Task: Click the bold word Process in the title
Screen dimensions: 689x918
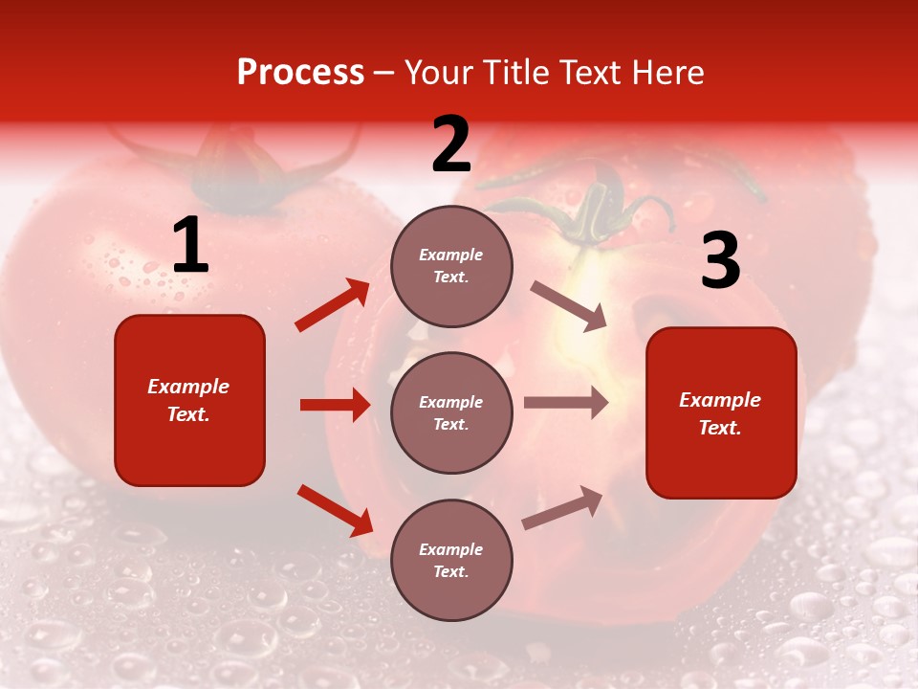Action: coord(300,73)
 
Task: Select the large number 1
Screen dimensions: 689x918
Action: coord(190,246)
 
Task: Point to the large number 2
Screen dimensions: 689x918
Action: coord(451,145)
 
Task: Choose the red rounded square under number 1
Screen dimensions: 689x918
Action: coord(189,400)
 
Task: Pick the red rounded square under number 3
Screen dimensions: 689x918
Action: coord(721,412)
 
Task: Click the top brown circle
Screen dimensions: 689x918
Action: coord(451,265)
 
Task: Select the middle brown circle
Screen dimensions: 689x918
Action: coord(451,412)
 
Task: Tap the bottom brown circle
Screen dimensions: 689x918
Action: coord(451,560)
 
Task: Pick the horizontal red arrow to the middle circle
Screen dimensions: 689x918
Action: coord(336,405)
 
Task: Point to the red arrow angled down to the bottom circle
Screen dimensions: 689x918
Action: coord(335,510)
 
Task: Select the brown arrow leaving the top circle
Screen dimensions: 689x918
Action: coord(569,306)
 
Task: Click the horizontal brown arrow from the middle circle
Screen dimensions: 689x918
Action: coord(566,403)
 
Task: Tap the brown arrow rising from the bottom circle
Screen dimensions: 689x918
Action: coord(562,508)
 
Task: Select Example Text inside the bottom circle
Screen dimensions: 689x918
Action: coord(451,560)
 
